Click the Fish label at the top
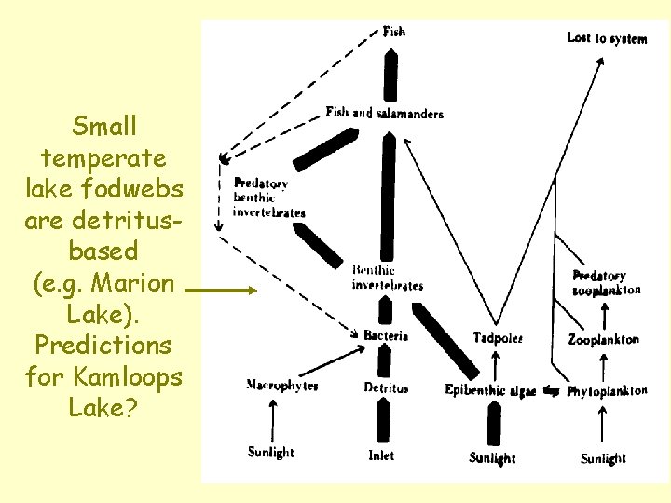point(393,32)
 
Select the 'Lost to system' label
point(607,38)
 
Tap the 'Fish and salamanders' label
point(384,113)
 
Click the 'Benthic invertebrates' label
point(387,278)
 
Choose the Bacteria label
point(386,335)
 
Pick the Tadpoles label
point(498,337)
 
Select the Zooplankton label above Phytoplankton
point(603,340)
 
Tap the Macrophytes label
point(281,386)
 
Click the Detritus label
point(386,387)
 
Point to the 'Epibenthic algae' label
point(490,391)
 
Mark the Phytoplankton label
point(607,391)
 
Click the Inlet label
point(381,455)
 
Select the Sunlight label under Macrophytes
point(270,453)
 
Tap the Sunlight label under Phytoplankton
point(603,458)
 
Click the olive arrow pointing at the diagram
point(220,291)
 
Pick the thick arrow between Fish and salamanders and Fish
point(391,75)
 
